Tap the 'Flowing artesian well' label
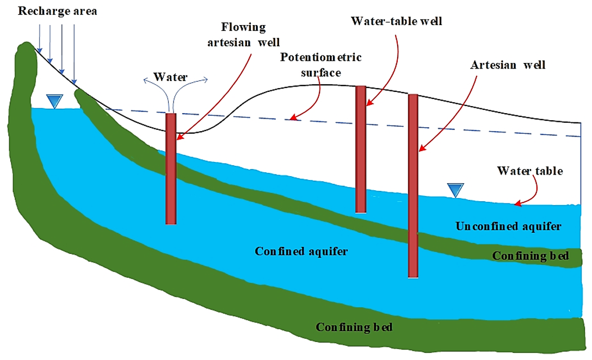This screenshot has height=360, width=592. [x=243, y=34]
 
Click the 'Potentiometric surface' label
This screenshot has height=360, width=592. [x=321, y=65]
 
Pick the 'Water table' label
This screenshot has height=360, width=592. [x=529, y=171]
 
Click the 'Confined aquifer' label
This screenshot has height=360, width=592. [x=301, y=251]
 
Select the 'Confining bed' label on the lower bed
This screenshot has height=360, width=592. [x=354, y=327]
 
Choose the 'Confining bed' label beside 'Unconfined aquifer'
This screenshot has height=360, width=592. [x=530, y=256]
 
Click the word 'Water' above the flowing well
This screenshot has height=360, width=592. [x=170, y=77]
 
